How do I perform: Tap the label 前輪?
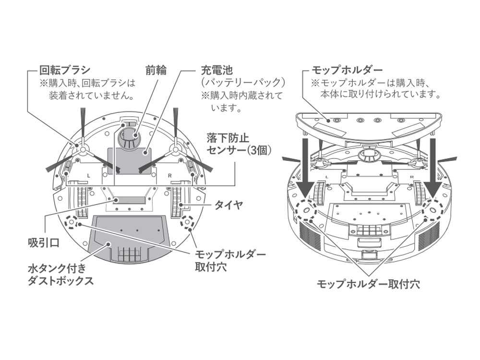pyautogui.click(x=156, y=71)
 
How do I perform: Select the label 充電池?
pyautogui.click(x=213, y=71)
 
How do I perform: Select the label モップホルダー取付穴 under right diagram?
pyautogui.click(x=368, y=284)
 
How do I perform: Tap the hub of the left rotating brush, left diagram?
pyautogui.click(x=82, y=150)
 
